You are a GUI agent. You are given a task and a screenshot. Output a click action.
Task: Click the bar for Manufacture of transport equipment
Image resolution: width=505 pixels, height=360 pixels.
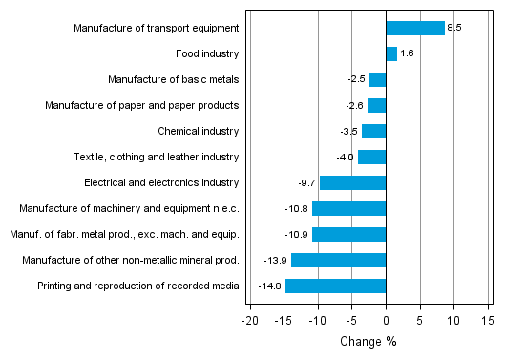415,29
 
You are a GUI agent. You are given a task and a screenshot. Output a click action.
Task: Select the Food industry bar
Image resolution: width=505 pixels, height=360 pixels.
391,54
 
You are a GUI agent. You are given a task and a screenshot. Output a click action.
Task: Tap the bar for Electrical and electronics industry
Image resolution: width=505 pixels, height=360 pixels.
352,182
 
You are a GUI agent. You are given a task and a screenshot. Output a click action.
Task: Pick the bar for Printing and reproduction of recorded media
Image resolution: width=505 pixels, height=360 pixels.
335,286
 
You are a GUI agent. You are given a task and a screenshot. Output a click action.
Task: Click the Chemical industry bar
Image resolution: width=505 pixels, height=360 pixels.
373,131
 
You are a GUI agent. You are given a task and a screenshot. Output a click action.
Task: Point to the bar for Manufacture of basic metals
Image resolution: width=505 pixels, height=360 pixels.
377,79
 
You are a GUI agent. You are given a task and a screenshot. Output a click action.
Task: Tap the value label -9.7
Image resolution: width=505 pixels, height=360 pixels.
307,182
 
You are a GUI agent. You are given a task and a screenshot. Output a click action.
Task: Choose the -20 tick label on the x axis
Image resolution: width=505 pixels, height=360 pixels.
249,321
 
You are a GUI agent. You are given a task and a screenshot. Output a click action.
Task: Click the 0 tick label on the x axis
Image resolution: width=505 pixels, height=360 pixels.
386,321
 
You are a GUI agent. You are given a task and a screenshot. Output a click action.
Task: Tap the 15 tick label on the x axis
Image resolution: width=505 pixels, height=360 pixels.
488,321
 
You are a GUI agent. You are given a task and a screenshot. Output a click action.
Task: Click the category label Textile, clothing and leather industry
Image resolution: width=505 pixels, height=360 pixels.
157,157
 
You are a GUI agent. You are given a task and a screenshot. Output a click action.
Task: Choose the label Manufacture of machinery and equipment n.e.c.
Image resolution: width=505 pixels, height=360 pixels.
137,208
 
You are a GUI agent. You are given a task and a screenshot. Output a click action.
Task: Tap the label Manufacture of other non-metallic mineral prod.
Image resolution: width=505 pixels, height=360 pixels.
135,260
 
